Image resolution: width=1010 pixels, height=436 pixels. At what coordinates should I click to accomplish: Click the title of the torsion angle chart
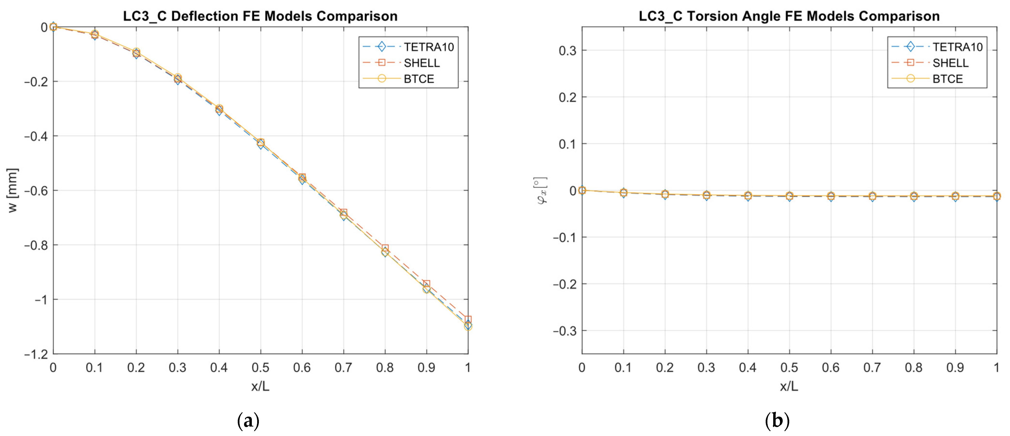[789, 16]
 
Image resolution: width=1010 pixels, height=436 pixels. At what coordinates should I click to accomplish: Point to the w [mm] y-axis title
[13, 190]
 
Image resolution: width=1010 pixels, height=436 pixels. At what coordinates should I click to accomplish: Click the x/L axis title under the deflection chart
[260, 386]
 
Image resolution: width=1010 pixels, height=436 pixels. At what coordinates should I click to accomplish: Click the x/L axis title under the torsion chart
[789, 386]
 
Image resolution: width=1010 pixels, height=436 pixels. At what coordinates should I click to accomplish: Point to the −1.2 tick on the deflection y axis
[36, 354]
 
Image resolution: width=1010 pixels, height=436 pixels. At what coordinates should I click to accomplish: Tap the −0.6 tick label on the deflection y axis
[36, 190]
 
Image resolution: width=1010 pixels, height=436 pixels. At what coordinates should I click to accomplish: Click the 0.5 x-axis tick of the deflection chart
[260, 367]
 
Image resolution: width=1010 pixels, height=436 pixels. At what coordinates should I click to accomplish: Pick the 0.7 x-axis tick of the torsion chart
[872, 367]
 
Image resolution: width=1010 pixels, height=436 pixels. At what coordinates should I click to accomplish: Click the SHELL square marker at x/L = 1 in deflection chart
[468, 319]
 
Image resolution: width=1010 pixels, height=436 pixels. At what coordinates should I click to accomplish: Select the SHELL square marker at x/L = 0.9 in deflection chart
[427, 284]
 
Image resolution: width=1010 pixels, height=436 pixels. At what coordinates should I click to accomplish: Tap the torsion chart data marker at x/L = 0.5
[789, 196]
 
